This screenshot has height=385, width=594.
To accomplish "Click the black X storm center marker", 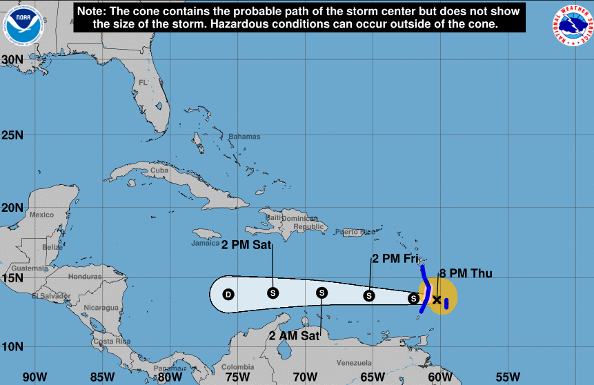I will point(437,299).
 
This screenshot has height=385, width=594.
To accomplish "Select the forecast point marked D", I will point(228,295).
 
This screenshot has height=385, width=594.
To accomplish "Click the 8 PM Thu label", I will point(466,274).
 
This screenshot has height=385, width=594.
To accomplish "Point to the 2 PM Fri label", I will point(395,259).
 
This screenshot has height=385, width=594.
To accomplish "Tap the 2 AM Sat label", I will point(294,336).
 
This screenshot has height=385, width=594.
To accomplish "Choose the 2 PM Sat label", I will point(246,244).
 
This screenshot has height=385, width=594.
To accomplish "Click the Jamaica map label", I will point(206,242).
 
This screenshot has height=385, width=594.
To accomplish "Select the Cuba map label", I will point(159,170).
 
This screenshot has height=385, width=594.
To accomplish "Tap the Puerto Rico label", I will point(355,232).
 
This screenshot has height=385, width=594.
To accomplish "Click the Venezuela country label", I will point(354,363).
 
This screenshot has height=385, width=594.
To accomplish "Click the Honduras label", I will point(85,277).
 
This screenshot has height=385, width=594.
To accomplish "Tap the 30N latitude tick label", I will point(12,59).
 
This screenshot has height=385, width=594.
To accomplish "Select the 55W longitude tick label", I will point(507,377).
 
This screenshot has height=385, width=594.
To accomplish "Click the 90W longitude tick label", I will point(34,377).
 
